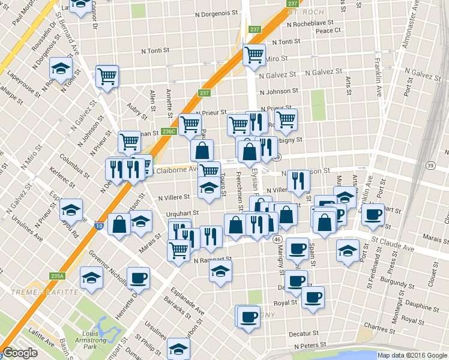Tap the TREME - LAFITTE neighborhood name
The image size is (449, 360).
(x=45, y=292)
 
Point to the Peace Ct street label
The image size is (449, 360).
(x=328, y=31)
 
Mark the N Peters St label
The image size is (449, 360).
(x=310, y=346)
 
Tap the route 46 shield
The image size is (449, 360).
(x=277, y=239)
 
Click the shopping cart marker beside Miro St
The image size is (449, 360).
(x=254, y=55)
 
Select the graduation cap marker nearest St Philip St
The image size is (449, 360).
(x=178, y=349)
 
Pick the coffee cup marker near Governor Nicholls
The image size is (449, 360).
(x=137, y=278)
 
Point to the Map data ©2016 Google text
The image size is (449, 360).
(x=412, y=355)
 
